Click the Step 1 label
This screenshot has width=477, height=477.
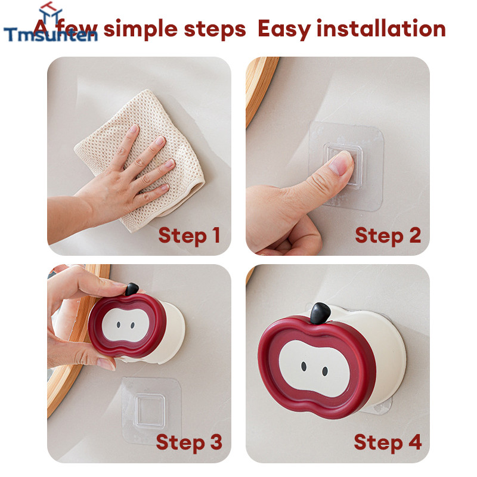click(x=189, y=236)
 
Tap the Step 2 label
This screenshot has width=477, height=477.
click(x=388, y=236)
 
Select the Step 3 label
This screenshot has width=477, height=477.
click(x=189, y=442)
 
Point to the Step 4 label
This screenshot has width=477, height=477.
click(x=388, y=442)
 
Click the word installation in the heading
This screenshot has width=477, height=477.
click(x=381, y=29)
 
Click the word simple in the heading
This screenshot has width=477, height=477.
click(x=141, y=29)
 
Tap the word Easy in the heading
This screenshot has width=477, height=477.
click(x=284, y=29)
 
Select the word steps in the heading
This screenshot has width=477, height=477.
click(x=215, y=29)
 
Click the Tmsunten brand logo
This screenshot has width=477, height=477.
click(x=51, y=24)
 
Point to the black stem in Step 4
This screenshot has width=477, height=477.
click(x=320, y=314)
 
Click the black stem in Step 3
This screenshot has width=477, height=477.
click(x=132, y=289)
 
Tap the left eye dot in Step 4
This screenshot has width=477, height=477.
click(x=303, y=366)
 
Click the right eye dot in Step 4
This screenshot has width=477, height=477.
click(x=325, y=371)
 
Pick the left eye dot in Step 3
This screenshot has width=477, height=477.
click(x=118, y=325)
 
